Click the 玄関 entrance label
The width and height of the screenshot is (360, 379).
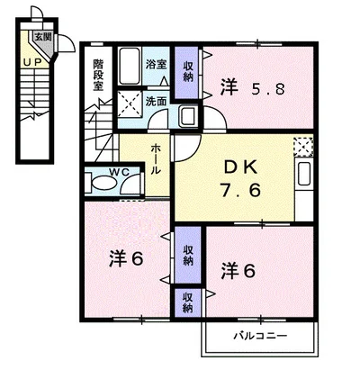click(x=41, y=37)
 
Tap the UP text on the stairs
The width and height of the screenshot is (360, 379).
click(x=32, y=62)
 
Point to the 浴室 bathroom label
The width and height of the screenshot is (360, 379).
click(x=156, y=64)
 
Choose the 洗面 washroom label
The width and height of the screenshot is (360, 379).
click(x=156, y=101)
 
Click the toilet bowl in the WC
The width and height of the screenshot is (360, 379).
click(x=104, y=185)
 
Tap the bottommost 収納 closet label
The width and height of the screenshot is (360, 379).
click(x=187, y=301)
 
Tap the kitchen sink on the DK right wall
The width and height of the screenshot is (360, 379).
click(x=304, y=176)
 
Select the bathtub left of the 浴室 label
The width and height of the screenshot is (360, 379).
click(x=130, y=64)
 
